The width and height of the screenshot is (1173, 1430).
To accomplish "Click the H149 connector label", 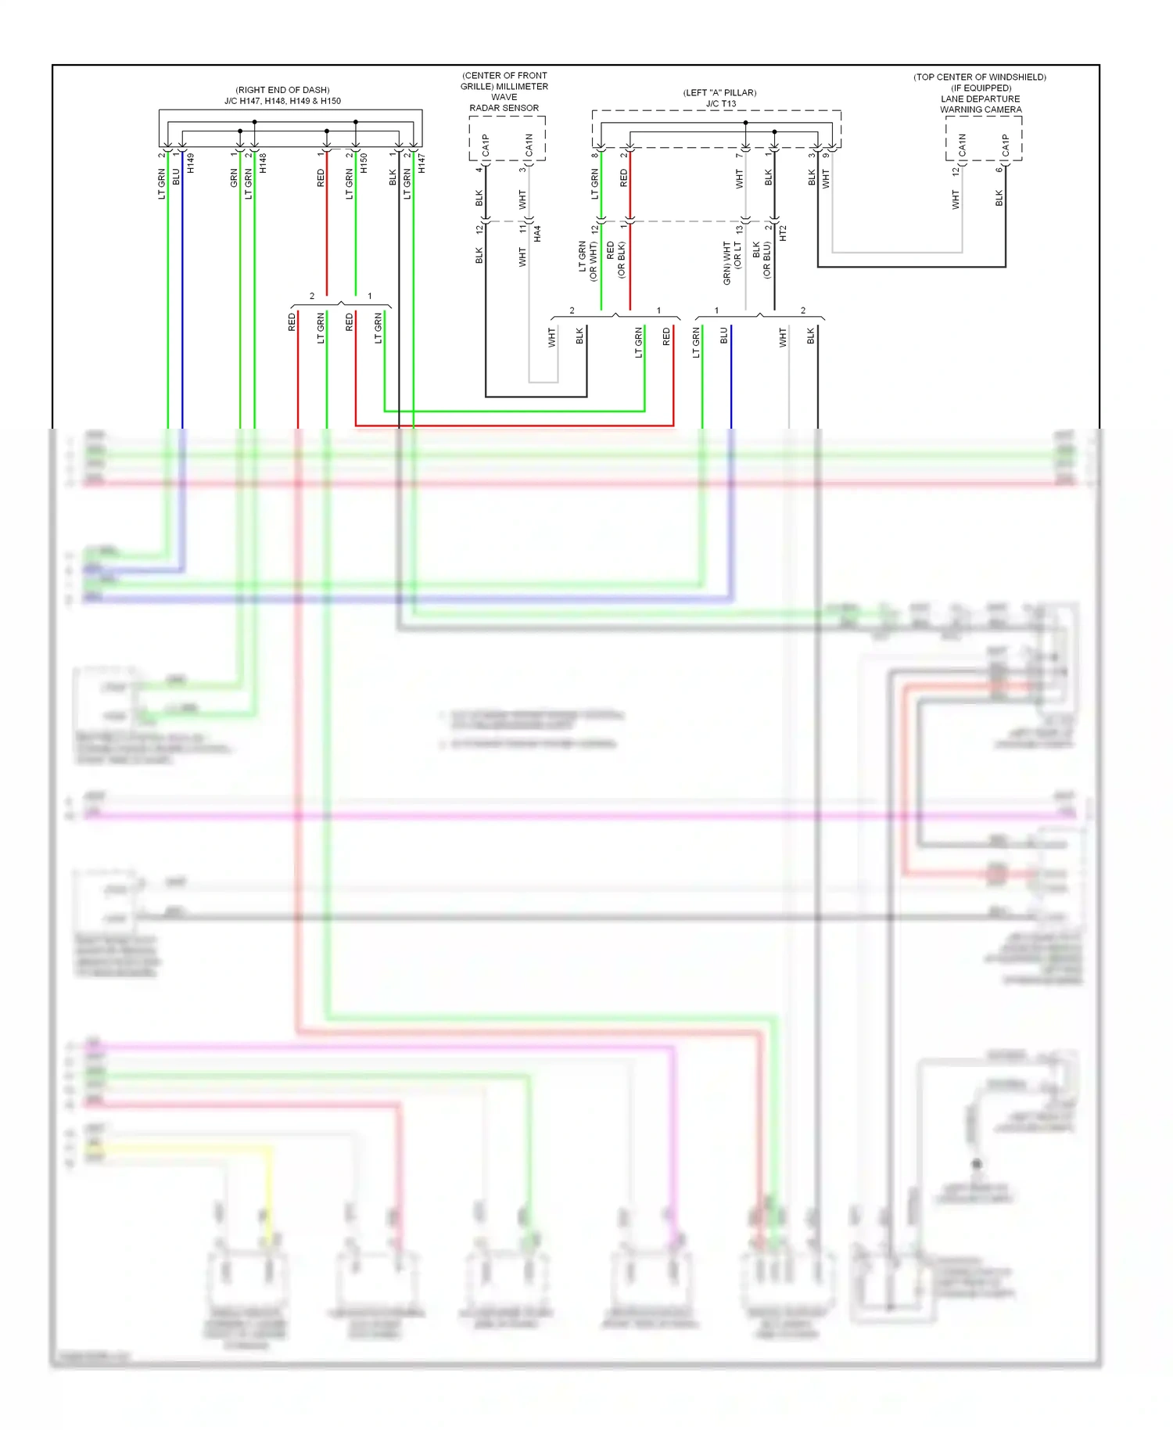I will [x=190, y=163].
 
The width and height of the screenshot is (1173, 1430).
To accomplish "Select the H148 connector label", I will [x=263, y=163].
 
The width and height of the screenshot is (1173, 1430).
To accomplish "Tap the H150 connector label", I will [x=364, y=163].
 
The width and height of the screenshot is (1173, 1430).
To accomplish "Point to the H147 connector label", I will [x=421, y=163].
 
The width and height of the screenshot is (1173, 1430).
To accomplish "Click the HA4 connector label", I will [x=537, y=232].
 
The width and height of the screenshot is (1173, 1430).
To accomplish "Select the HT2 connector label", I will [x=783, y=232].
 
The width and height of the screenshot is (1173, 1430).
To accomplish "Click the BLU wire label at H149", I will [x=176, y=177].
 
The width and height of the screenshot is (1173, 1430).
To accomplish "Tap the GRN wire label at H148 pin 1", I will [x=233, y=178].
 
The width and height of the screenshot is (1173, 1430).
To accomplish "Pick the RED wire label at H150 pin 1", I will [x=320, y=178].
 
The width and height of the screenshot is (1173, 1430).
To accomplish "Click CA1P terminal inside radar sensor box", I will [x=486, y=145].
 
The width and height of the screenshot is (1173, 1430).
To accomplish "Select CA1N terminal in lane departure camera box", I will [x=962, y=145].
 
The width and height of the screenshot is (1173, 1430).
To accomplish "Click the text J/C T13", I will [x=720, y=103].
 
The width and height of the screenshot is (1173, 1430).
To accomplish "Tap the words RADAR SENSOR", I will [x=504, y=108].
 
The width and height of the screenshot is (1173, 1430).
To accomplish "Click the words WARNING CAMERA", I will [x=981, y=110].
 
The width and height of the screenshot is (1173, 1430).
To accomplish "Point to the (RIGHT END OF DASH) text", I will [x=282, y=90].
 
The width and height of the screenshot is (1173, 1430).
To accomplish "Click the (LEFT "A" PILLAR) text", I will [x=719, y=92].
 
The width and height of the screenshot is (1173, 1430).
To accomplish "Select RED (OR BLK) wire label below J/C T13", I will [x=615, y=260].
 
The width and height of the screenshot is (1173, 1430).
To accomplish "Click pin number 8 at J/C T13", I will [x=594, y=155].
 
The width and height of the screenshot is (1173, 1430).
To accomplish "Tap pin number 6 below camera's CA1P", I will [x=998, y=170].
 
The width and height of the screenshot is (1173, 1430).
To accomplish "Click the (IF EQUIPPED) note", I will [x=981, y=88].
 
